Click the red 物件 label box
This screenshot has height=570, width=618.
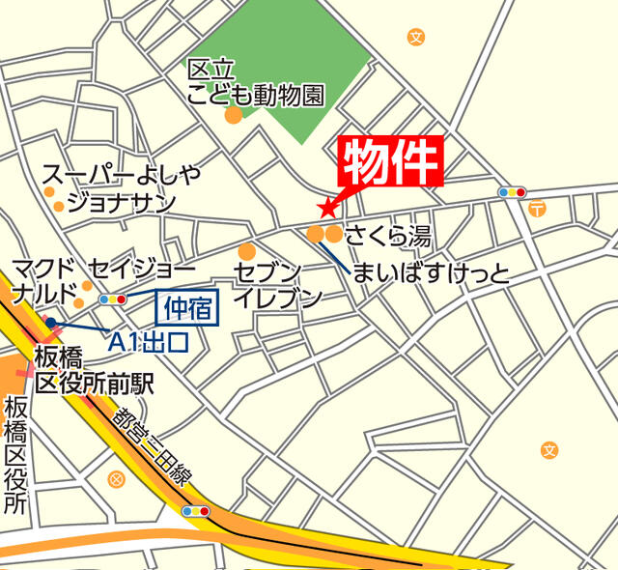coord(391,160)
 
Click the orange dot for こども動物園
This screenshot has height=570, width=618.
coord(233,116)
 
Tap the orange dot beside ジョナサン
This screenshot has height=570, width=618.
coord(59,206)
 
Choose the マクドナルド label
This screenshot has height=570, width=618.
coord(43,280)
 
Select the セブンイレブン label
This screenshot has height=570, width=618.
coord(276,284)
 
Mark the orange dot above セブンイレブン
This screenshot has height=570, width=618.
coord(247,251)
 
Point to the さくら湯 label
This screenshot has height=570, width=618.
coord(387,235)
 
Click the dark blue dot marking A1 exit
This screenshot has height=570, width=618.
coord(49,323)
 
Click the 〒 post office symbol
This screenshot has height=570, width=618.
coord(538,208)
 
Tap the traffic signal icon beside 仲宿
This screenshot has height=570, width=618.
coord(112,299)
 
